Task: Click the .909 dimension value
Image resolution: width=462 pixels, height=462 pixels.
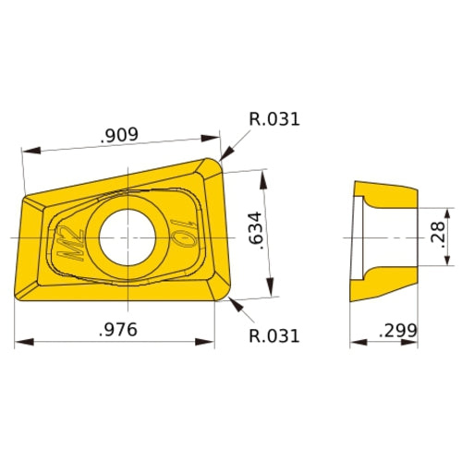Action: coord(119,135)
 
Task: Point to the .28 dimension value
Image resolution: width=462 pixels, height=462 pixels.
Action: coord(437,237)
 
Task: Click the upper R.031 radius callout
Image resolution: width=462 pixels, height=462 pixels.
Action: coord(274,119)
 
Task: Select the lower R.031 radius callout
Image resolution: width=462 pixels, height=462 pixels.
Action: coord(274,335)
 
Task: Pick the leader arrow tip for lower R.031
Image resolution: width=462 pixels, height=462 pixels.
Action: coord(227,300)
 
